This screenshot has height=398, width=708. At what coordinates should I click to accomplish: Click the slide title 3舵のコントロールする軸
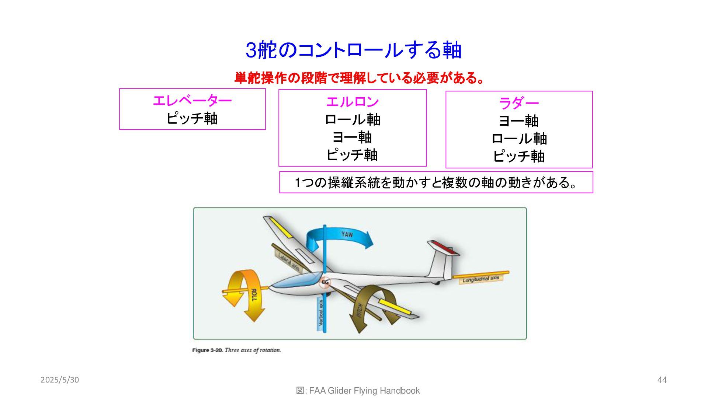353,50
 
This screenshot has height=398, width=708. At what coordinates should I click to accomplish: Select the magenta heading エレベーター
192,101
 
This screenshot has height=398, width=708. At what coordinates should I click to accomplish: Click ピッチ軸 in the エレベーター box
192,119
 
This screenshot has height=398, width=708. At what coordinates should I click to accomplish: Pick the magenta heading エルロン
352,102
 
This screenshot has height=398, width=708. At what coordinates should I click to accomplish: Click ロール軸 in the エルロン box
352,120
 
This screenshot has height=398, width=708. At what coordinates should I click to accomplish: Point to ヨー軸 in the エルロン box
352,137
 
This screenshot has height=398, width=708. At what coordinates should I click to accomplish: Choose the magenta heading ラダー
519,103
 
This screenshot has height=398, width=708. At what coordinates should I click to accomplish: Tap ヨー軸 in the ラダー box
519,121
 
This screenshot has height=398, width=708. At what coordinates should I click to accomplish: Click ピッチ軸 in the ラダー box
519,156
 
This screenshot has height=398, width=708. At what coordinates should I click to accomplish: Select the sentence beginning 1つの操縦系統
436,182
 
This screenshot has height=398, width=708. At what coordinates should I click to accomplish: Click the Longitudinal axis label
481,279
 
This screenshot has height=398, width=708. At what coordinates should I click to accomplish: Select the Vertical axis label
320,313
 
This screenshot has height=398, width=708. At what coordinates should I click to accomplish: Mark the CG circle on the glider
325,282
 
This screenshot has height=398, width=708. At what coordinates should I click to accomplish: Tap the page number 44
662,380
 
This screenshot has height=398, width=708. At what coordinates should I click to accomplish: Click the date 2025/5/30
60,380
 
